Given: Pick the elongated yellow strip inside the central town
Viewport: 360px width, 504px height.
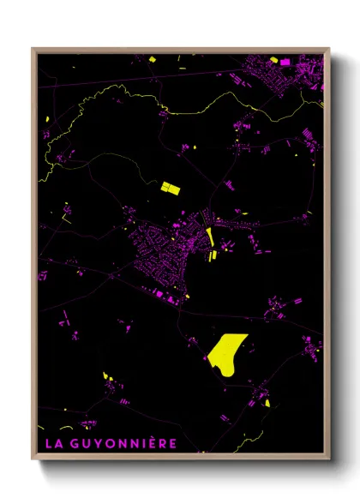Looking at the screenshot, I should point(210,239).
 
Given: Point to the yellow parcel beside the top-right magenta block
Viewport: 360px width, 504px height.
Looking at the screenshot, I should point(274,60).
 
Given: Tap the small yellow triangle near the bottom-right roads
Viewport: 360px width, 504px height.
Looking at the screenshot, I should point(267,403).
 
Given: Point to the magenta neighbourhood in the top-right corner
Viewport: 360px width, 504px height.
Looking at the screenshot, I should point(291,73).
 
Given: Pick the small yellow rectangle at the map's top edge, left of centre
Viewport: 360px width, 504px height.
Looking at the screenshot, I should point(151,58).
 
